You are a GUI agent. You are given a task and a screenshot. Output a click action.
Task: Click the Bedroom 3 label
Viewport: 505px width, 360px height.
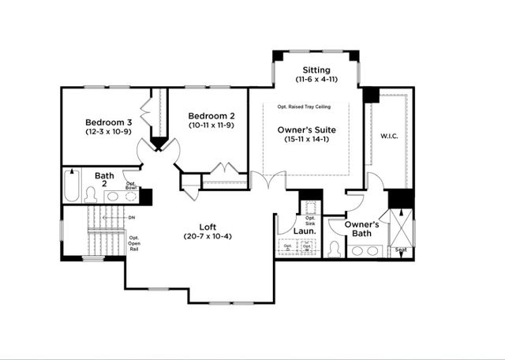point(109,122)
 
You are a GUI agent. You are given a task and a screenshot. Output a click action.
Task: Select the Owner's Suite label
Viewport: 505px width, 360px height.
point(307,129)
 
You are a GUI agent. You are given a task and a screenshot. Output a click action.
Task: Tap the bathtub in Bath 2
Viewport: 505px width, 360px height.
point(72,188)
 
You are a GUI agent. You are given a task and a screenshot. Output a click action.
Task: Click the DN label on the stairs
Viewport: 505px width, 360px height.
point(132,216)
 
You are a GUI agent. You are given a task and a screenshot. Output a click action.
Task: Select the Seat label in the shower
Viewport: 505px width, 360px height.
point(402,249)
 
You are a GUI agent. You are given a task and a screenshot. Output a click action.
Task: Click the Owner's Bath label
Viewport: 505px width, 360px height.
point(362,229)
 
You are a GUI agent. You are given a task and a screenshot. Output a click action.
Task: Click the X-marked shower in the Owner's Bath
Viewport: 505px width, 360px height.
point(402,230)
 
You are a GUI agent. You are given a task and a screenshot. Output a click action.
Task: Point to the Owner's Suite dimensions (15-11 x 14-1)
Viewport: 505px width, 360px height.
point(307,140)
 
